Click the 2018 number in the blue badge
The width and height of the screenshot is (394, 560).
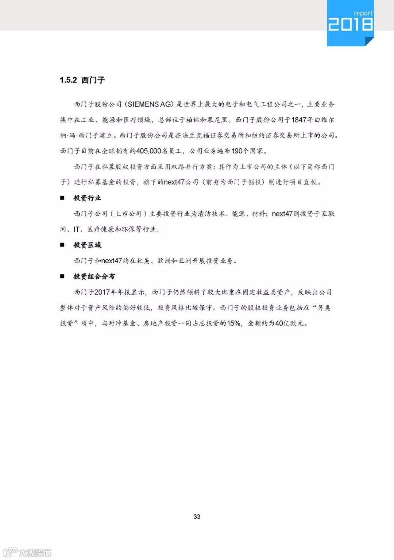350,24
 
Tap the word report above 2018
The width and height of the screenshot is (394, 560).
363,13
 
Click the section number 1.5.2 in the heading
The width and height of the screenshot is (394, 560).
68,80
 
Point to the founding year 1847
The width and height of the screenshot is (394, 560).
298,120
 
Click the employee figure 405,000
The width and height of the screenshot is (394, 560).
148,151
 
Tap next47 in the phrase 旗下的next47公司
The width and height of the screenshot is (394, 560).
174,182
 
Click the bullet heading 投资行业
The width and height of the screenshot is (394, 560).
87,198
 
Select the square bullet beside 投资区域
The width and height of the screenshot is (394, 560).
62,245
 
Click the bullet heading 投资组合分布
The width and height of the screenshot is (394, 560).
94,276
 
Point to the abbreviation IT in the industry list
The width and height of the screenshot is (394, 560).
77,229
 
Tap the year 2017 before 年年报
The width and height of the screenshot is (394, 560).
102,292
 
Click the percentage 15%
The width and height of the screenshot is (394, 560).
233,323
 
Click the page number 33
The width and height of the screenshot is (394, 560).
197,517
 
